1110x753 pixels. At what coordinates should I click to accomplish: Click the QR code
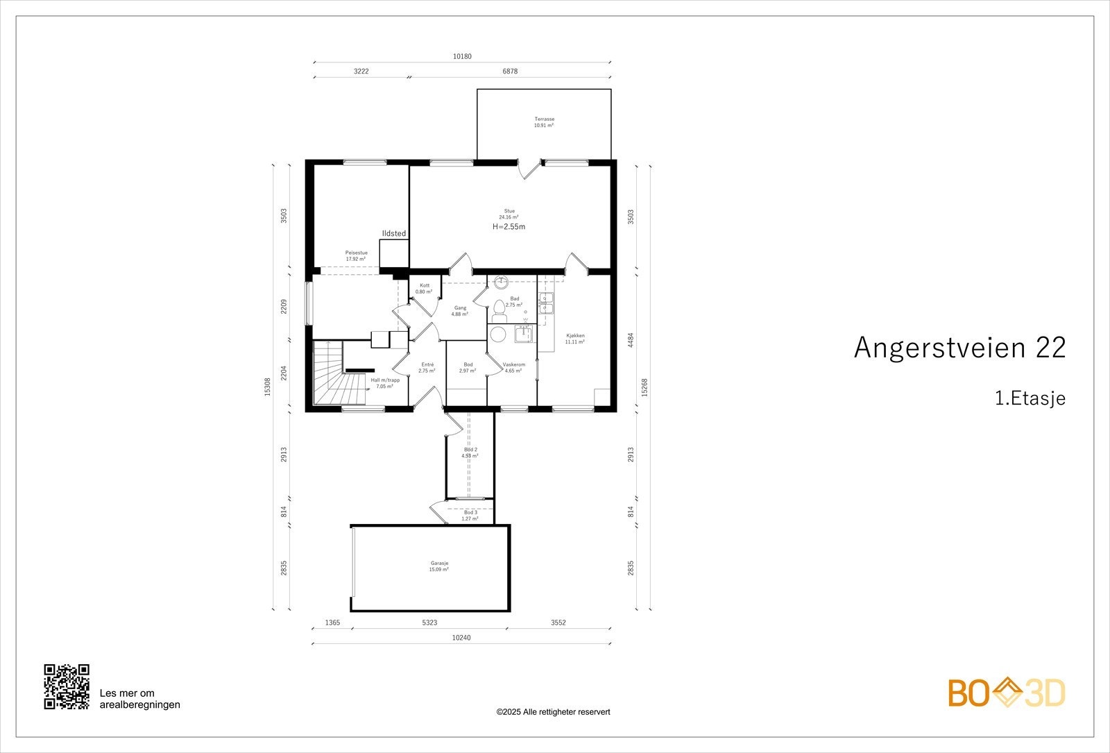click(x=67, y=686)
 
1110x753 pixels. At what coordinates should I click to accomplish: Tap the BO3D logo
click(x=1007, y=693)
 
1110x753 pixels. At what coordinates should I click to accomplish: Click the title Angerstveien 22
click(x=959, y=348)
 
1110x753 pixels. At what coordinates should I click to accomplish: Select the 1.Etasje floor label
click(x=1030, y=398)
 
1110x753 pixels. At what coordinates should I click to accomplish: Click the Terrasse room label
click(x=544, y=121)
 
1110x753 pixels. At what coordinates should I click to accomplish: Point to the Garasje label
click(x=438, y=566)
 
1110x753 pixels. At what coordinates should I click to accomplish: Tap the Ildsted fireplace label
click(x=393, y=234)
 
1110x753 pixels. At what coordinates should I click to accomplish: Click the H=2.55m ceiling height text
click(x=509, y=226)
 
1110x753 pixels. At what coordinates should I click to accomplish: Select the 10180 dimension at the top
click(x=462, y=57)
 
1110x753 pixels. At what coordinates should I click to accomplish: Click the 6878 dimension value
click(x=509, y=71)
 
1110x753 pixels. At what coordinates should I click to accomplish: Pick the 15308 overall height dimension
click(x=268, y=387)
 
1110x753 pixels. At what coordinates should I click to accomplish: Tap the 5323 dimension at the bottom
click(x=429, y=623)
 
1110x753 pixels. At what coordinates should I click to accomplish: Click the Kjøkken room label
click(x=574, y=338)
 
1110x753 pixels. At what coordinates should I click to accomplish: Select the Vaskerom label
click(x=514, y=367)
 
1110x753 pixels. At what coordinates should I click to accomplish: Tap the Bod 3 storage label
click(x=470, y=515)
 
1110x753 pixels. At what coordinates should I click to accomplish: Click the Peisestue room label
click(x=356, y=255)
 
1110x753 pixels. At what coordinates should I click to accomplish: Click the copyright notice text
click(x=553, y=711)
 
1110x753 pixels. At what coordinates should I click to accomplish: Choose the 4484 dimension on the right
click(x=630, y=341)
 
